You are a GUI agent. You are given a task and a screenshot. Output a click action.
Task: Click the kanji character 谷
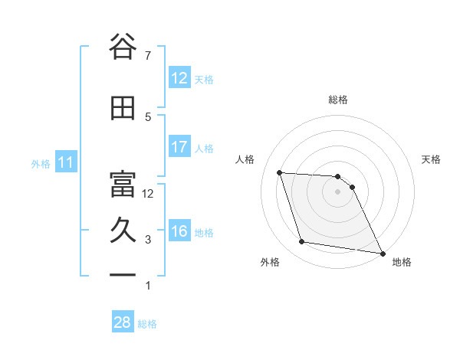point(123,47)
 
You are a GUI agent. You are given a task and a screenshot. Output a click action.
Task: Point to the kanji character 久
point(123,231)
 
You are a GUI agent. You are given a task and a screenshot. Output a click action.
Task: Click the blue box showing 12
point(179,77)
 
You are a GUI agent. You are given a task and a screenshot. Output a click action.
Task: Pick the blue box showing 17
point(179,146)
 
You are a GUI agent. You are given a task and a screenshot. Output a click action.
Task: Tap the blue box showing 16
point(179,231)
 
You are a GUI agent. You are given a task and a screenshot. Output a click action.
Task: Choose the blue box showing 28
point(123,322)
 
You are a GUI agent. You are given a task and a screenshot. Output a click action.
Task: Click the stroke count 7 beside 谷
point(148,56)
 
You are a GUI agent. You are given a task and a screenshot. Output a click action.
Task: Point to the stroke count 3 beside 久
point(148,240)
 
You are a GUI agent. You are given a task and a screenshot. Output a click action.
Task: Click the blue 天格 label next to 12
point(203,79)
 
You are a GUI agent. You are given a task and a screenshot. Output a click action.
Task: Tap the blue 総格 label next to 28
point(147,324)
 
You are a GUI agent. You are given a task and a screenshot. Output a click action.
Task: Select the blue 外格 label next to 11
point(41,163)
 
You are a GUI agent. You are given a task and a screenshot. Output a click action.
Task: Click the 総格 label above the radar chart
point(337,100)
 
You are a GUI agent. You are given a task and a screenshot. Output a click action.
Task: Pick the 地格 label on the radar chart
point(402,262)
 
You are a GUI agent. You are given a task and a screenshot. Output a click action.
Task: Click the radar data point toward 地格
point(382,252)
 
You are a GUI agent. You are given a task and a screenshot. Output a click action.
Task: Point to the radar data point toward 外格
point(302,242)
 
